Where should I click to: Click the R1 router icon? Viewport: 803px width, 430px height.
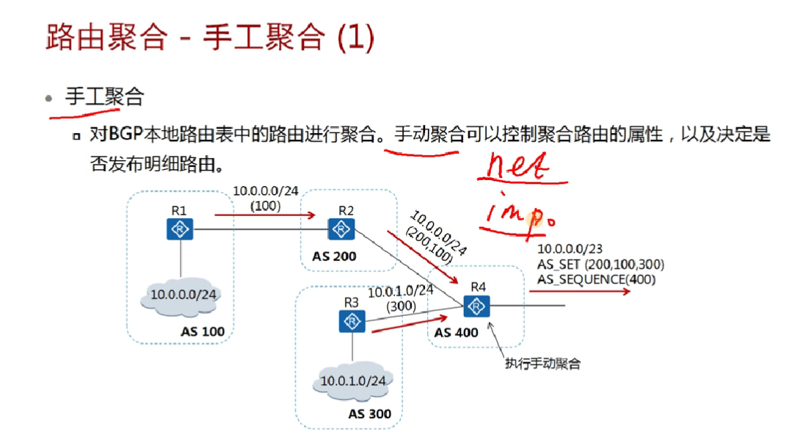click(179, 229)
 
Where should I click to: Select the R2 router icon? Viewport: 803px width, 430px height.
click(343, 229)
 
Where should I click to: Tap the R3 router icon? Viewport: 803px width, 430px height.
click(353, 321)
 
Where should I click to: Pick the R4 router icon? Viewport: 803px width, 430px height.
click(478, 305)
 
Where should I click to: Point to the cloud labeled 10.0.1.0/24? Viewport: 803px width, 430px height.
click(352, 381)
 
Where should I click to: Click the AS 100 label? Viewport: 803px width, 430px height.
click(203, 332)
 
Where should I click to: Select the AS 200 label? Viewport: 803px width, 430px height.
click(334, 257)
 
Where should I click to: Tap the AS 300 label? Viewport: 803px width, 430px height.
click(370, 414)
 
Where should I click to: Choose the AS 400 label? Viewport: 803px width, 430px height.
click(457, 332)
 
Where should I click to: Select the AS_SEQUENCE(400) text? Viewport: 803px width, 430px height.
click(597, 279)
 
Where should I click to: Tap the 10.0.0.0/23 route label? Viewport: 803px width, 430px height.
click(570, 250)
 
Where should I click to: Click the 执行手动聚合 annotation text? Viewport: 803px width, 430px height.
click(542, 364)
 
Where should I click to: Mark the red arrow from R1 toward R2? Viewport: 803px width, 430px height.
click(265, 215)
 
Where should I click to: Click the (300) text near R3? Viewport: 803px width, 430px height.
click(401, 306)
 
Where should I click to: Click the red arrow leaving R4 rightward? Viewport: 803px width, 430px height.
click(580, 291)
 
